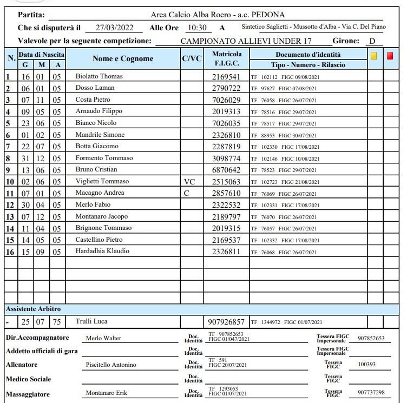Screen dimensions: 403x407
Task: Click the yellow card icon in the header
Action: (373, 55)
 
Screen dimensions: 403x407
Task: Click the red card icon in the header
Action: (390, 55)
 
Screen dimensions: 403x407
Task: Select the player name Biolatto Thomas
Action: (100, 77)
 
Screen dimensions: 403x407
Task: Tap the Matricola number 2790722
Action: (227, 88)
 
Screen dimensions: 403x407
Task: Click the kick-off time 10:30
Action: (196, 28)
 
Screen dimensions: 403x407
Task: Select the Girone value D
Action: (372, 41)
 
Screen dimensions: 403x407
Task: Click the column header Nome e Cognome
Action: (123, 59)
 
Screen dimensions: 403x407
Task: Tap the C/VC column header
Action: (191, 59)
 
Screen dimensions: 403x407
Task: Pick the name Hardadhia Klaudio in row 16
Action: (103, 251)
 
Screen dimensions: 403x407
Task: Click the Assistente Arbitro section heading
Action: (33, 309)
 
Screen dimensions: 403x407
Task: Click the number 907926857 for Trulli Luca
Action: (227, 321)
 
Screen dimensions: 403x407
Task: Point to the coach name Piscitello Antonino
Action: (111, 365)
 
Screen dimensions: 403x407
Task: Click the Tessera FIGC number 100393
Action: (367, 365)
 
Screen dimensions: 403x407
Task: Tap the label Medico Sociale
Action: (28, 379)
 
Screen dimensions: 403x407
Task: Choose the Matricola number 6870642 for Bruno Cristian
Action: (227, 169)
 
